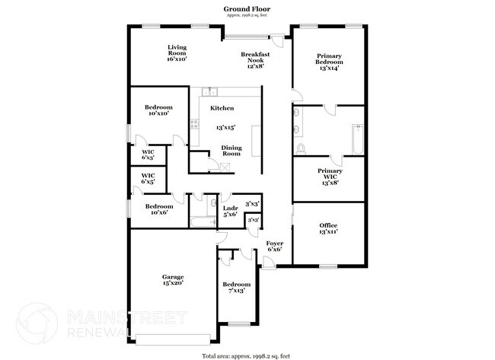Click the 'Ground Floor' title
tap(247, 9)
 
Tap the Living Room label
tap(177, 53)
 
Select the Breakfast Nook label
tap(254, 60)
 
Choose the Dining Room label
tap(231, 151)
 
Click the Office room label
tap(328, 228)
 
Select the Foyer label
tap(274, 246)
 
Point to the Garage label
tap(173, 279)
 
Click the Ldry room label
tap(229, 211)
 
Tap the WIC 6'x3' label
tap(148, 155)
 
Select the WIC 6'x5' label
tap(148, 179)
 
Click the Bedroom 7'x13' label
tap(236, 287)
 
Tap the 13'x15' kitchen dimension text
tap(225, 128)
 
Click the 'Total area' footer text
tap(247, 355)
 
